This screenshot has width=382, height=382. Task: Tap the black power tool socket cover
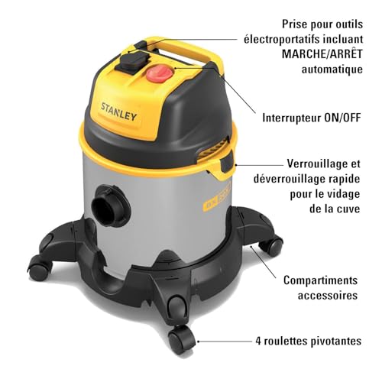pos(132,61)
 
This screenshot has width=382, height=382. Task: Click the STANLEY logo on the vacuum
pos(119,112)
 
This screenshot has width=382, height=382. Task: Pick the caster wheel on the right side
pos(272,245)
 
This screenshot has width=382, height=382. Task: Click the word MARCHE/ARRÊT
pos(322,54)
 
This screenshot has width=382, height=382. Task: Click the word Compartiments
pos(321,280)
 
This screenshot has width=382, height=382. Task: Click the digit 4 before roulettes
pos(258,341)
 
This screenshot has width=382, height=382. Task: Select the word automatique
pos(332,70)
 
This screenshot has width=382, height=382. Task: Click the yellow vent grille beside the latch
pos(212,150)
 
